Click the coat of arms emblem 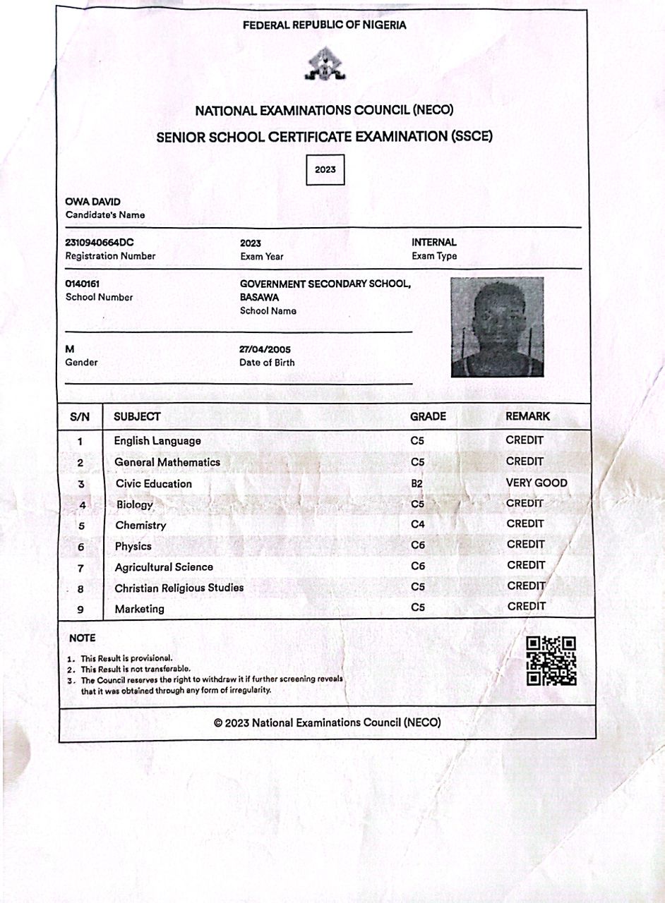[324, 65]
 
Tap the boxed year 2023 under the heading [325, 170]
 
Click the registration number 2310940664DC [100, 243]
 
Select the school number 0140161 [82, 284]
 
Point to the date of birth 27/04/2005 [265, 350]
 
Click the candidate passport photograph [497, 327]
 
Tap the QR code [551, 661]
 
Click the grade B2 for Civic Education [417, 483]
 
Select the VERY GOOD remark [537, 483]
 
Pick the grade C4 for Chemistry [417, 524]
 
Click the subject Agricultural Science [164, 567]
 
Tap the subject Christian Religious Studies [179, 588]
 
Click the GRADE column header [428, 417]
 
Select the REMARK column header [527, 417]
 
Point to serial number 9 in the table [80, 610]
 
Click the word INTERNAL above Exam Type [434, 243]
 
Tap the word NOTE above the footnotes [82, 638]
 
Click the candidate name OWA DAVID [92, 202]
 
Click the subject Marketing [139, 609]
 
